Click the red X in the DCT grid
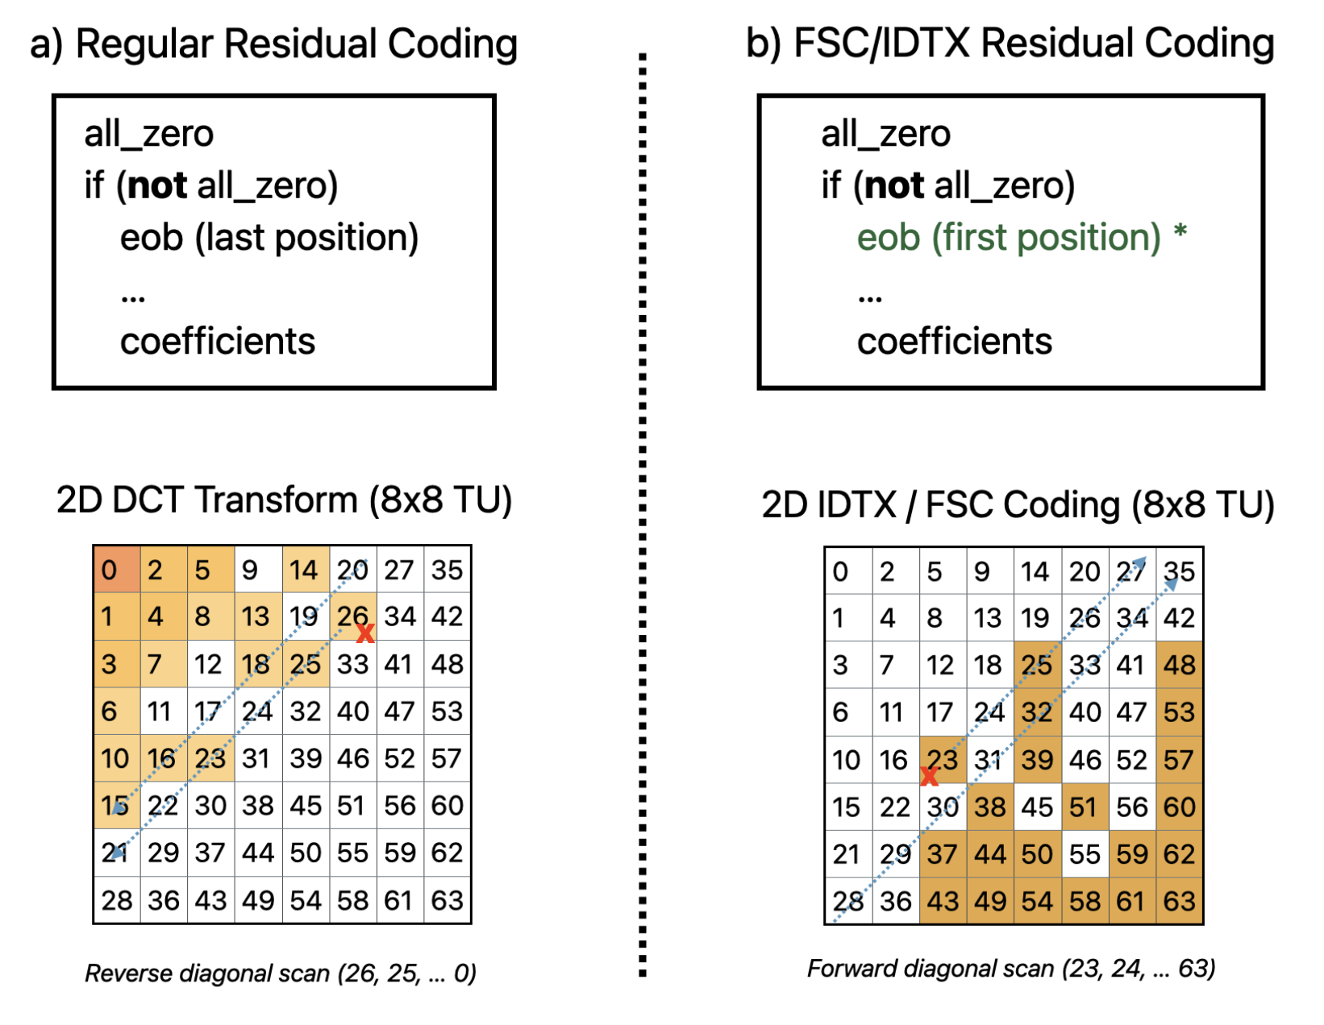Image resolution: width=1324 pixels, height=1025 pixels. pyautogui.click(x=365, y=633)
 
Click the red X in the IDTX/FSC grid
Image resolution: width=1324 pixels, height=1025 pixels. pyautogui.click(x=930, y=777)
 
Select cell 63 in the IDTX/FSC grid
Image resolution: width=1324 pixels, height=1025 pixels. pyautogui.click(x=1179, y=901)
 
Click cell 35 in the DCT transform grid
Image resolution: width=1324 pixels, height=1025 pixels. pyautogui.click(x=447, y=570)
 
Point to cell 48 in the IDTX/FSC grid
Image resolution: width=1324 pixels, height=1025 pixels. pyautogui.click(x=1179, y=665)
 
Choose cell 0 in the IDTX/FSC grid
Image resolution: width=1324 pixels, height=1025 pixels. pyautogui.click(x=847, y=571)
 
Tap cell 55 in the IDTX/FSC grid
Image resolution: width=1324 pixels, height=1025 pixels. pyautogui.click(x=1085, y=853)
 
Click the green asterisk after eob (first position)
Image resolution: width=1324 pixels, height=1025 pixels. pyautogui.click(x=1180, y=233)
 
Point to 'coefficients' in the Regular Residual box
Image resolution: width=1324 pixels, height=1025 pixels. pyautogui.click(x=218, y=342)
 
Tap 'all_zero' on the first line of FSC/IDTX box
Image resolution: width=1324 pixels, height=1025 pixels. pyautogui.click(x=885, y=134)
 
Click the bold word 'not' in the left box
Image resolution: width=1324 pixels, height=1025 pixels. pyautogui.click(x=157, y=186)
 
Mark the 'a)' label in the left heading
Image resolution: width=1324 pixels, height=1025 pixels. pyautogui.click(x=47, y=45)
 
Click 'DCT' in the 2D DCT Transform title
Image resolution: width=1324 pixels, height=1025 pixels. pyautogui.click(x=152, y=500)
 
